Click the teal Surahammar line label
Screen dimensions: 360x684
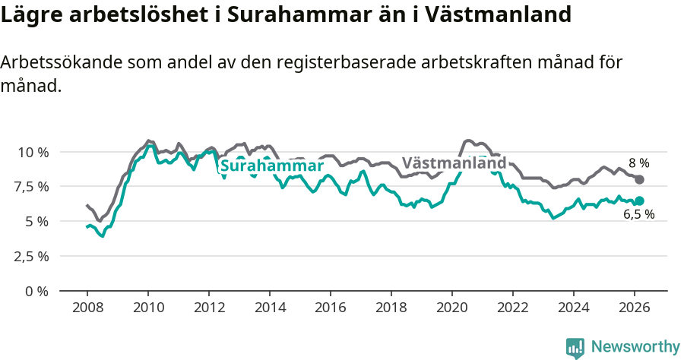tap(271, 166)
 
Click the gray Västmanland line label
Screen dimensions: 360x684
tap(454, 163)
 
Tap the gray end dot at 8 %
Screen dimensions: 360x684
tap(639, 180)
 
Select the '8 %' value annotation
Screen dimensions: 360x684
tap(639, 163)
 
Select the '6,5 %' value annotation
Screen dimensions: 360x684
tap(639, 215)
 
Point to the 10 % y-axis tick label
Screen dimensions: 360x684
tap(33, 152)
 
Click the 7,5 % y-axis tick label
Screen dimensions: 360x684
tap(33, 187)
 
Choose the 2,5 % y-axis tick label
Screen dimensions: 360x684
tap(33, 256)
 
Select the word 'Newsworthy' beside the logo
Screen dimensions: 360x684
tap(635, 347)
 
